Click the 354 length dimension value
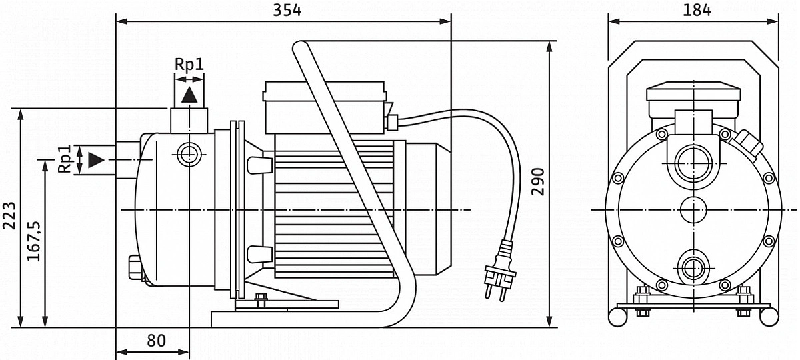click(287, 11)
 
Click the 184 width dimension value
click(697, 10)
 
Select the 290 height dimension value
click(538, 182)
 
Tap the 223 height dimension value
click(9, 215)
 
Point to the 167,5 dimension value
click(34, 241)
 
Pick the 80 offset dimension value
click(156, 341)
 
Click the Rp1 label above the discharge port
click(189, 64)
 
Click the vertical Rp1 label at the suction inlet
click(65, 159)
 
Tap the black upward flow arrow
click(189, 95)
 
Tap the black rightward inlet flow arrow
click(96, 160)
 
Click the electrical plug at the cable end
click(500, 271)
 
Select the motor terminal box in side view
click(325, 107)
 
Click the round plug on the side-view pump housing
click(189, 155)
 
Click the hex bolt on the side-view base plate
click(261, 300)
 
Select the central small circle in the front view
click(693, 210)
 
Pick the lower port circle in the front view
click(693, 268)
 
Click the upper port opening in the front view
click(693, 163)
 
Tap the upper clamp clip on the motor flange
click(259, 165)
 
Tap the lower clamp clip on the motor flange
click(259, 254)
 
